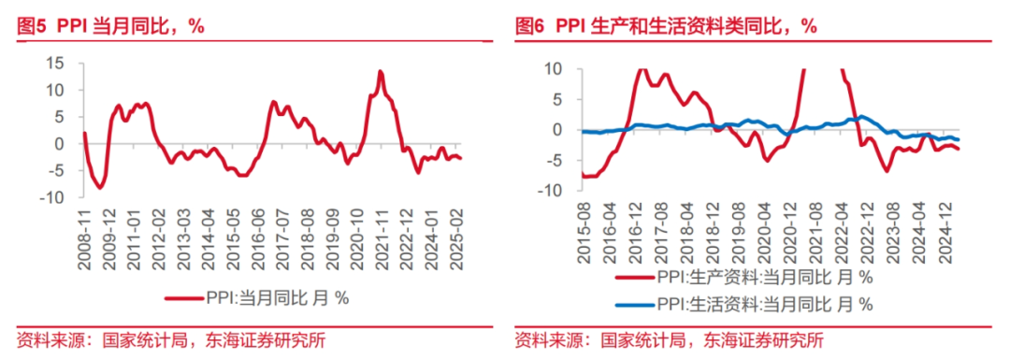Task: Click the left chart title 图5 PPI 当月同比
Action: (110, 26)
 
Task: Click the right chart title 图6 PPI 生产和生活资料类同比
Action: (666, 26)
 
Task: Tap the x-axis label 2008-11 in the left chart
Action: (83, 238)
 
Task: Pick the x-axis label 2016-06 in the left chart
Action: (257, 238)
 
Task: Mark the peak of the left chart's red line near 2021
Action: (381, 71)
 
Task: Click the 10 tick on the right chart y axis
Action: (552, 69)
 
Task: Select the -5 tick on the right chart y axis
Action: (552, 160)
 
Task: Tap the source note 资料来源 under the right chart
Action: (670, 340)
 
